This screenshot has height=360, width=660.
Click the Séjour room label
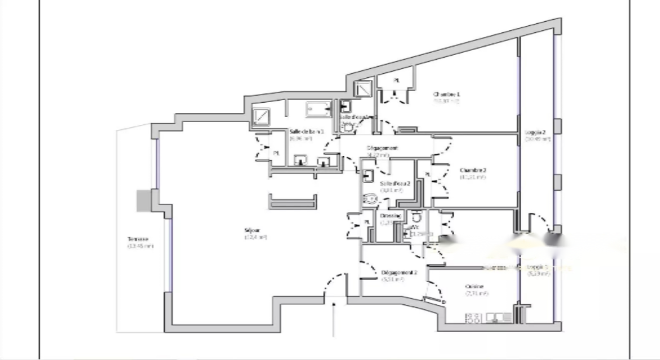click(253, 230)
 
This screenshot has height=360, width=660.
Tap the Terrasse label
click(138, 239)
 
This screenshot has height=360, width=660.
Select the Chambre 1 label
click(447, 94)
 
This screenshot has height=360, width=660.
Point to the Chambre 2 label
click(473, 170)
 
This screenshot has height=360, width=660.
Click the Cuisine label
click(474, 286)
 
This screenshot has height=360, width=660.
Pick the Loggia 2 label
click(535, 132)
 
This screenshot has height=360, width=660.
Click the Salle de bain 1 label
click(306, 132)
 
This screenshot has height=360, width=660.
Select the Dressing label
click(390, 216)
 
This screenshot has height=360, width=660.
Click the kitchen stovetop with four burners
click(473, 318)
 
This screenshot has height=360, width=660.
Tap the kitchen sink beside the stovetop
click(499, 317)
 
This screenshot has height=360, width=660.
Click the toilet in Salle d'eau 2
click(370, 198)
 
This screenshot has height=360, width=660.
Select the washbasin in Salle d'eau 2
click(368, 175)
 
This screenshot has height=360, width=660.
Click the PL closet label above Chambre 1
click(397, 80)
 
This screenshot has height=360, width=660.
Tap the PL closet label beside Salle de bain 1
click(277, 153)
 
